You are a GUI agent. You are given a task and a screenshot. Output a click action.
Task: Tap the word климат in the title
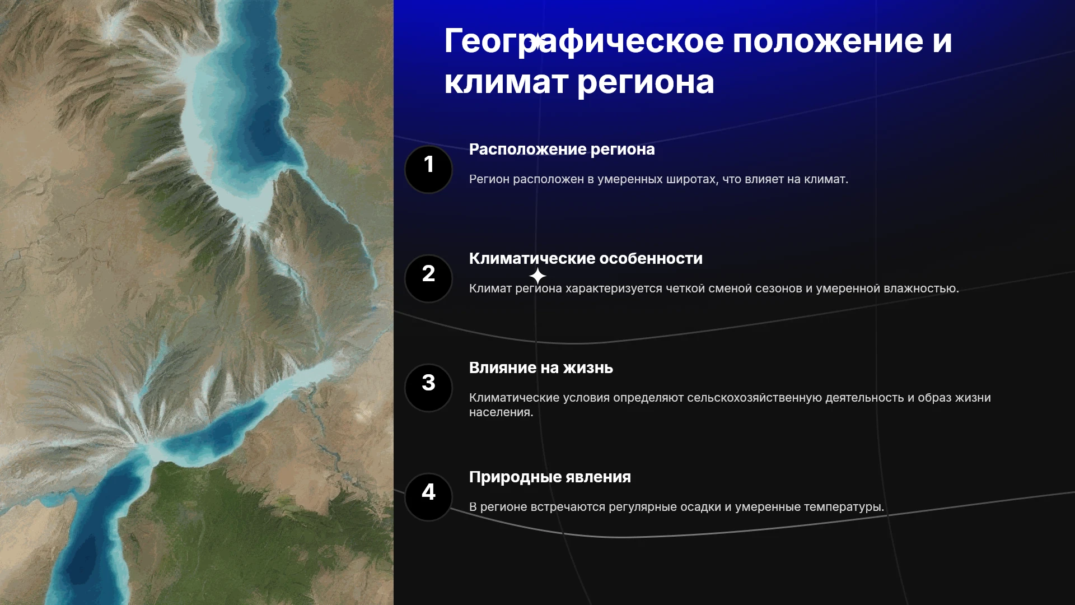click(506, 82)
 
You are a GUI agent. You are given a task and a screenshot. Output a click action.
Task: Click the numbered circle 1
click(428, 169)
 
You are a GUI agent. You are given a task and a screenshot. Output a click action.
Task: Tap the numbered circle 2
click(428, 278)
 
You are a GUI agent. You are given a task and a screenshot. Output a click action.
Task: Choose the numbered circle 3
click(428, 388)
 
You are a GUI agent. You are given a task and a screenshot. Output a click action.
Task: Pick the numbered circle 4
click(428, 497)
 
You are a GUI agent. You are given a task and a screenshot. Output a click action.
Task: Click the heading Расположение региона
click(562, 150)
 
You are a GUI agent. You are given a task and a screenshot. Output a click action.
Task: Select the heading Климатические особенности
click(586, 258)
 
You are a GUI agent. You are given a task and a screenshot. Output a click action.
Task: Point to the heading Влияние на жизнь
click(541, 367)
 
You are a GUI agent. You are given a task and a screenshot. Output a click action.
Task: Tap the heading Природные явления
click(550, 477)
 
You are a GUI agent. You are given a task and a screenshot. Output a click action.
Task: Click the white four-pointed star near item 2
click(537, 276)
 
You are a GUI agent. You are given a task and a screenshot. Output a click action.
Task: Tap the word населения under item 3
click(501, 412)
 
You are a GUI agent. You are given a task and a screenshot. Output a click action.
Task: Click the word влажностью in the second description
click(921, 288)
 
